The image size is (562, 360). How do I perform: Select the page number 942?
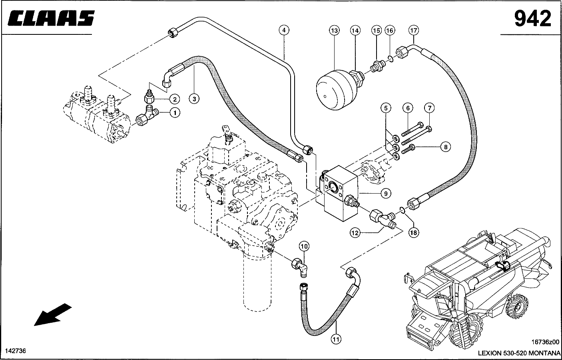tap(532, 18)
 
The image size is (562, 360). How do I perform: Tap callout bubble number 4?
tap(284, 30)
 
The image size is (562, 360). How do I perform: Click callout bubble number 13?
tap(334, 30)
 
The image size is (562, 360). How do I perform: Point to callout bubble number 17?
tap(413, 30)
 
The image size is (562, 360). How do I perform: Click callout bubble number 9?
tap(385, 194)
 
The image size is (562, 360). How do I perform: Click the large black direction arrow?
tap(53, 314)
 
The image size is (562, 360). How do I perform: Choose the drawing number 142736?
tap(15, 351)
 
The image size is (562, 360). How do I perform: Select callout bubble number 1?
tap(175, 113)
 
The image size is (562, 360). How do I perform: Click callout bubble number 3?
tap(194, 99)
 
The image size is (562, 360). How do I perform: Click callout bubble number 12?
tap(355, 232)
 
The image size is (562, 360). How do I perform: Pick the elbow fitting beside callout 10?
tap(299, 266)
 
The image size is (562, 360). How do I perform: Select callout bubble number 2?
tap(175, 99)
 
